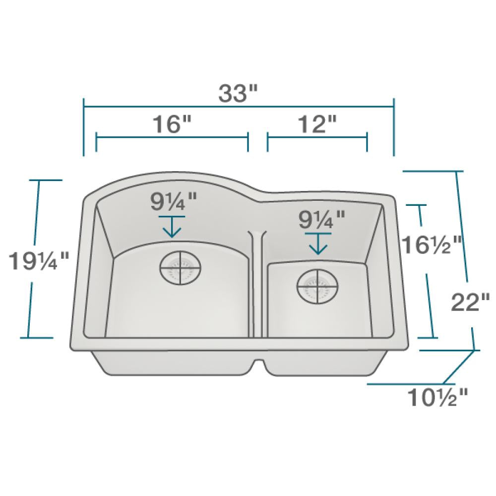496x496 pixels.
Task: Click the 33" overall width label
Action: pos(239,93)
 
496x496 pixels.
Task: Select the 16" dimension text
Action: pos(172,124)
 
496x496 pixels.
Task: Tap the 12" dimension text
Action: pos(317,124)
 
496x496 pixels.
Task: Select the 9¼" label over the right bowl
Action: pos(320,218)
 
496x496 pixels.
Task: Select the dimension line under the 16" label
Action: pos(172,137)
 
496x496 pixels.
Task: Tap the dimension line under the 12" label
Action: pos(317,137)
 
